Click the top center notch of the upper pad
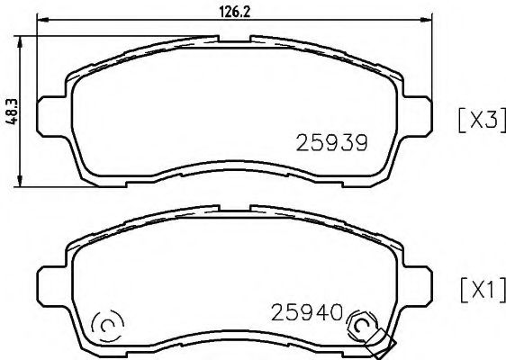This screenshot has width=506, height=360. tap(234, 39)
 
